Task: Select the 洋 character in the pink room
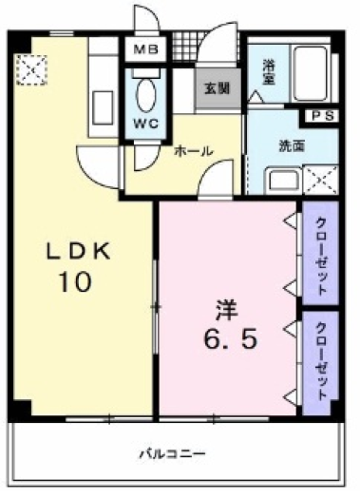[226, 309]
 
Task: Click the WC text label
[146, 124]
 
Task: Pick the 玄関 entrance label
[216, 88]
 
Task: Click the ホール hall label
[193, 150]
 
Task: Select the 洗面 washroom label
[291, 146]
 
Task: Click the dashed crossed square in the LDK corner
[32, 68]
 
